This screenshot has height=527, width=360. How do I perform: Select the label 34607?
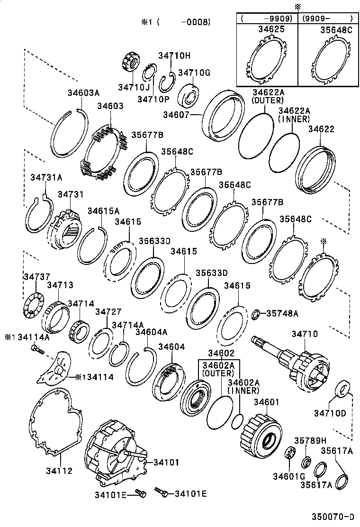coord(176,115)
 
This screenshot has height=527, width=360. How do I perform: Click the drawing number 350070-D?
coord(332,517)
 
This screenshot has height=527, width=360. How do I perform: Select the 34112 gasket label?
coord(59,471)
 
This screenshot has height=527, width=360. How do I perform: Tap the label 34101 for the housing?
coord(166,462)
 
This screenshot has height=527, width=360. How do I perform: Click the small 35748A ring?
coord(255,314)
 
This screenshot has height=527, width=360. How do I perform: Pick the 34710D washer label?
coord(330,413)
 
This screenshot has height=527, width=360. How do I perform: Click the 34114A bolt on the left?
coord(36,350)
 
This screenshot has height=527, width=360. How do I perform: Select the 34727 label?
coord(108,311)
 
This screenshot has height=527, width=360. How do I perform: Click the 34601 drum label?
coord(269,402)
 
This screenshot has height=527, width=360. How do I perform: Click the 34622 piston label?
coord(321,129)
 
